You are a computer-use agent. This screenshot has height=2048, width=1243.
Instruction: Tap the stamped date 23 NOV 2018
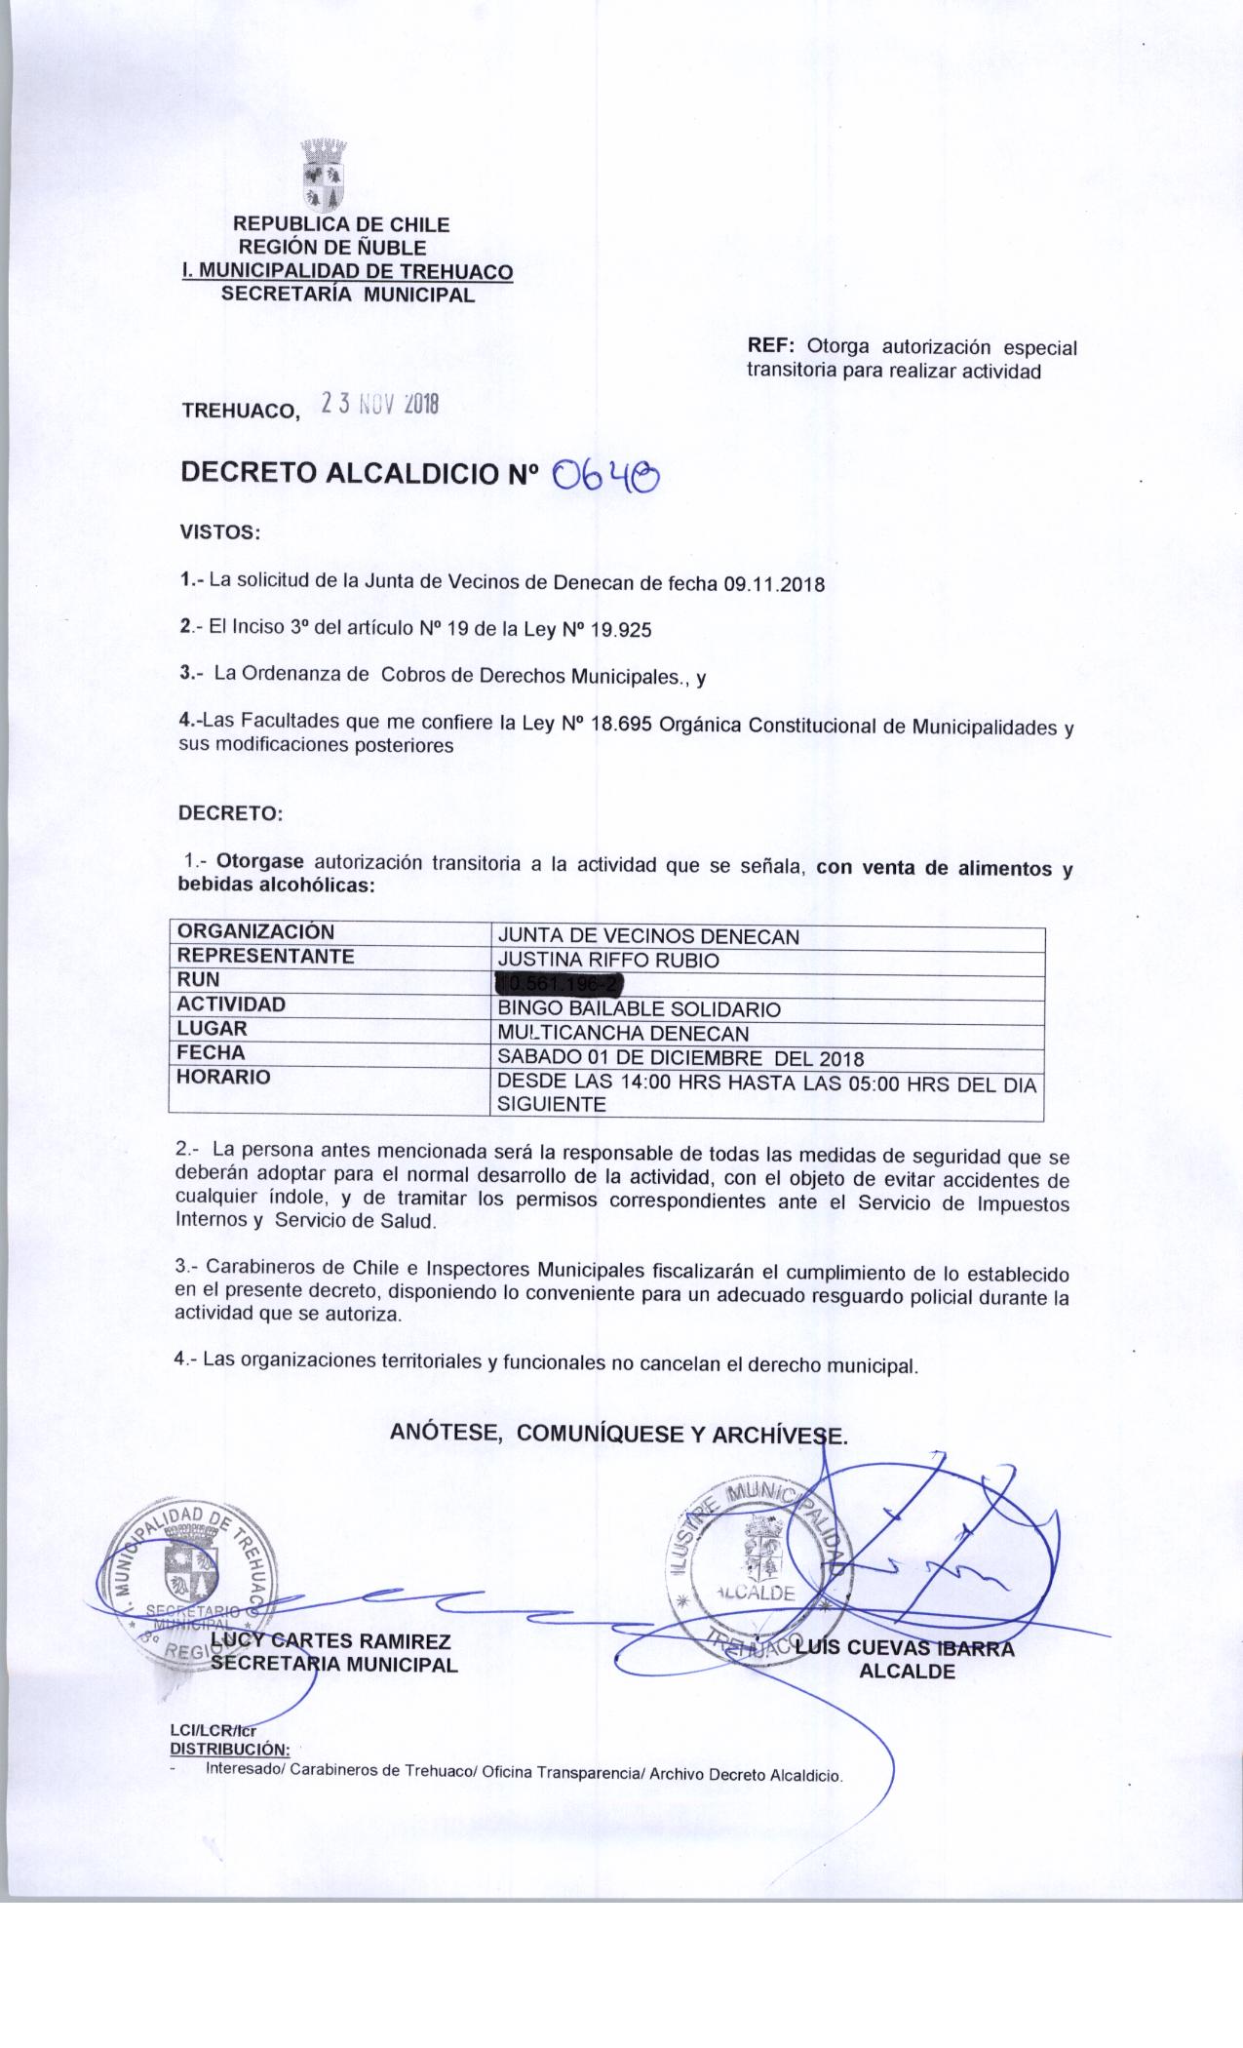click(x=379, y=405)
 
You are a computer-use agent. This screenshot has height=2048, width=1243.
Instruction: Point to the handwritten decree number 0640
click(x=605, y=477)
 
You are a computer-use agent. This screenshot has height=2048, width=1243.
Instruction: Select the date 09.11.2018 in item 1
click(x=774, y=585)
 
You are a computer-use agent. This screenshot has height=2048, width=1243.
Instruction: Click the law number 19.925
click(x=614, y=630)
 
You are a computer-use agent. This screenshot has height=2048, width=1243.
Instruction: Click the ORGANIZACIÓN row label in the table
click(x=255, y=932)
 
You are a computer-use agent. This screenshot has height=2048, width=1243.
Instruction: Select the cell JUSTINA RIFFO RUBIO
click(x=608, y=961)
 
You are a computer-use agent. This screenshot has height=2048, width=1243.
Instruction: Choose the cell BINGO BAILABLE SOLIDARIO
click(x=639, y=1009)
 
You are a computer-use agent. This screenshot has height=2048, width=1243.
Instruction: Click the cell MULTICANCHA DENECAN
click(x=623, y=1034)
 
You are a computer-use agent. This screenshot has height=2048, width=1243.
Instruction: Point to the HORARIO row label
click(x=224, y=1078)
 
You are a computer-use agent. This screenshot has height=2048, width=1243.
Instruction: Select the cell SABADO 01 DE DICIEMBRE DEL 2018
click(x=680, y=1058)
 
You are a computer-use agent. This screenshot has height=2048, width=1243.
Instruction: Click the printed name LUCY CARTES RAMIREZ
click(x=330, y=1641)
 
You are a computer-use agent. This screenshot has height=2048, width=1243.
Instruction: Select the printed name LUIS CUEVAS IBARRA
click(x=905, y=1649)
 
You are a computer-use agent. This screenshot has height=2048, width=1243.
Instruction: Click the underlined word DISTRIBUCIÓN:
click(x=229, y=1749)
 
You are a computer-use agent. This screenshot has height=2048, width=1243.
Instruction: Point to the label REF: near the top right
click(x=772, y=347)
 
